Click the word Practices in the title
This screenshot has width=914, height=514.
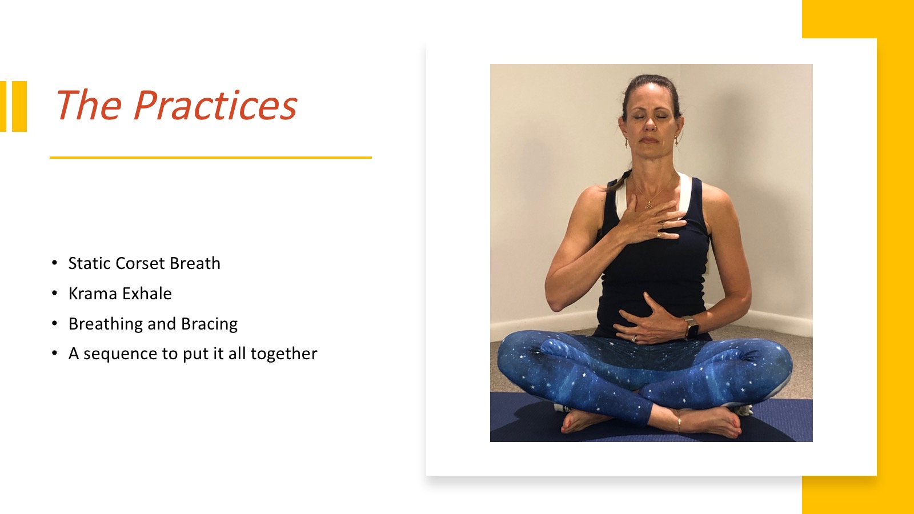[215, 105]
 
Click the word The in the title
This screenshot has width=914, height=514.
[88, 105]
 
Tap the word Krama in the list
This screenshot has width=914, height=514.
[93, 294]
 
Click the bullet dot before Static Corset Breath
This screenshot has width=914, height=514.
[55, 263]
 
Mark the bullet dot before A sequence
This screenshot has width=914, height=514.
[55, 354]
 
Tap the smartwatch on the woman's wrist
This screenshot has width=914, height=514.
[691, 328]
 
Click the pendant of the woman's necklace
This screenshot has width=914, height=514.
[648, 206]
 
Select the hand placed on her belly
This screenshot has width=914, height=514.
[649, 322]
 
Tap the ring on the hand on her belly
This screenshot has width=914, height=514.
[634, 339]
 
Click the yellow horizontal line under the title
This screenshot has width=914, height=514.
[211, 158]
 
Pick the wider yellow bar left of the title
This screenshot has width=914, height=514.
[19, 106]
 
